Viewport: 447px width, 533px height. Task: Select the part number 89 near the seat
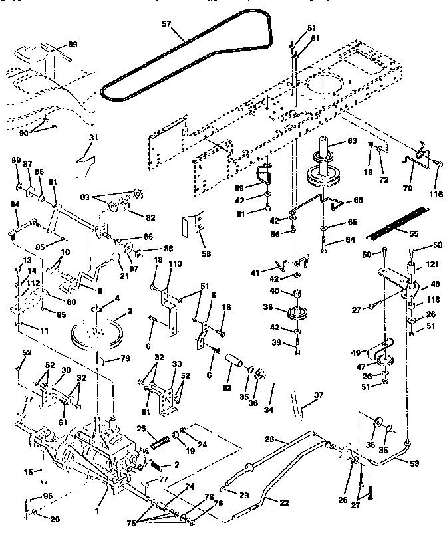73,45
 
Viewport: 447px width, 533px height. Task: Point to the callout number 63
352,141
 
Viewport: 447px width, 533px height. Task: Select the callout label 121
433,265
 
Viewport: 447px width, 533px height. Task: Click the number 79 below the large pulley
125,360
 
